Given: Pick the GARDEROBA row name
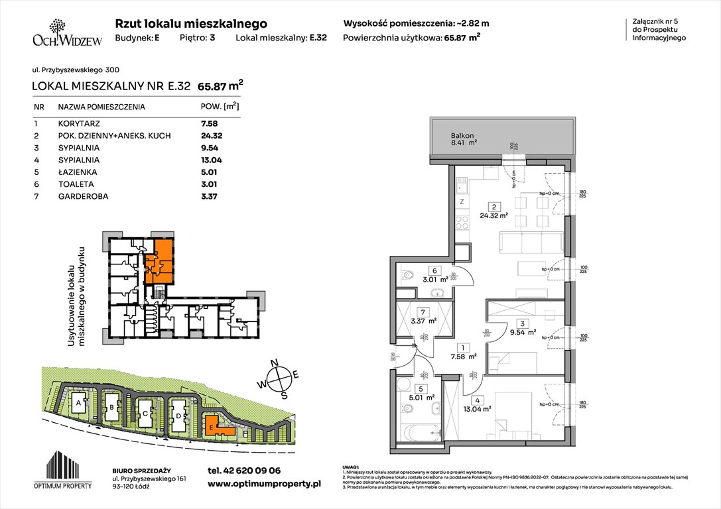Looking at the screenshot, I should coord(83,196).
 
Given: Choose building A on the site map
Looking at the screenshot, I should coord(78,402).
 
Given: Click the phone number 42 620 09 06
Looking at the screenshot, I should coord(244,471).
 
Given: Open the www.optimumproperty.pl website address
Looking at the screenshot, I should coord(264,484).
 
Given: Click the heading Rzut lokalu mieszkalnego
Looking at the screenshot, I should coord(191,23).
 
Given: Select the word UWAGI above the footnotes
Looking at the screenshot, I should coord(350,467).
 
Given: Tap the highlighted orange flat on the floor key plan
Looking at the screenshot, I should coord(162,260).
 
